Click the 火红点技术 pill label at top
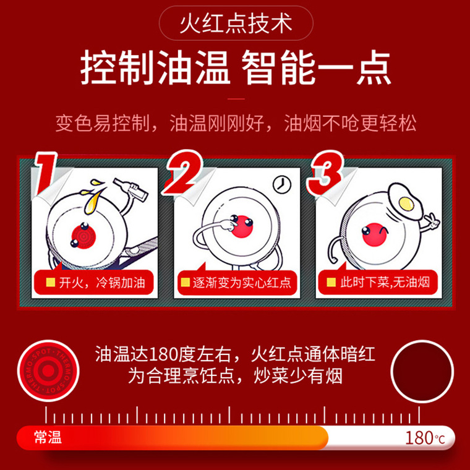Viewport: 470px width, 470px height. pyautogui.click(x=236, y=23)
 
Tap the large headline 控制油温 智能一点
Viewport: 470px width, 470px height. pyautogui.click(x=236, y=68)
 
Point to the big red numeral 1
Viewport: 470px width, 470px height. pyautogui.click(x=46, y=173)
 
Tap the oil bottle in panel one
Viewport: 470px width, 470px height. pyautogui.click(x=130, y=189)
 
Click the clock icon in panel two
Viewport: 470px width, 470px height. pyautogui.click(x=282, y=184)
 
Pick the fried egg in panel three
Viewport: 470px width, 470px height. pyautogui.click(x=405, y=202)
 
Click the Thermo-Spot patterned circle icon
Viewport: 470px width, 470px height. pyautogui.click(x=48, y=371)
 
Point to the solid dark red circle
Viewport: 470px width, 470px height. pyautogui.click(x=422, y=371)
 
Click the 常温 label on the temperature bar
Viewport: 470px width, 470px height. pyautogui.click(x=48, y=437)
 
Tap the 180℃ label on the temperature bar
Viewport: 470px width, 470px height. pyautogui.click(x=425, y=438)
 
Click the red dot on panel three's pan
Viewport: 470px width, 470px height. pyautogui.click(x=374, y=235)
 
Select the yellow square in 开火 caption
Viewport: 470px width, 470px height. pyautogui.click(x=51, y=283)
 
